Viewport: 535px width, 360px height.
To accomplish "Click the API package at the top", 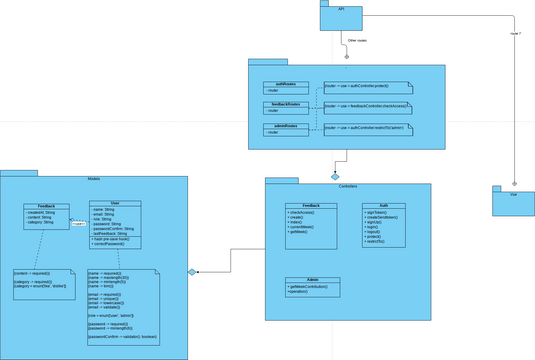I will pos(341,15).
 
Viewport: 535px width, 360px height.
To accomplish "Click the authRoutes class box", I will pos(280,87).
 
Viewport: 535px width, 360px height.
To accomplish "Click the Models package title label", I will pos(94,177).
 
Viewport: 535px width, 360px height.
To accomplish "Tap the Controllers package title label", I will pos(347,187).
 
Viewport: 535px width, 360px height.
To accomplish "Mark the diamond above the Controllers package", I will pos(336,176).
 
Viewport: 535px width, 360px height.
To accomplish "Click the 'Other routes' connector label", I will pos(357,41).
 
